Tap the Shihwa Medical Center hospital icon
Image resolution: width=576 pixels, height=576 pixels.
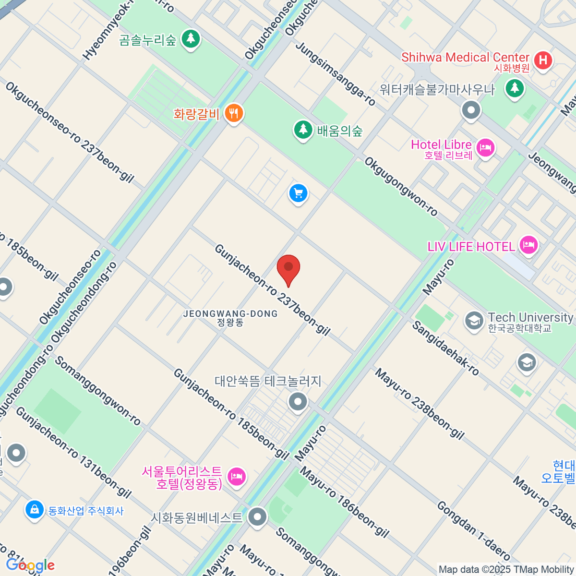[x=543, y=60]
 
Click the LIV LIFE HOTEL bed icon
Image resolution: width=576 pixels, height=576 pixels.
[x=528, y=246]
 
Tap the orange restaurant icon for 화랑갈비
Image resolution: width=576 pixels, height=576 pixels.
[x=234, y=114]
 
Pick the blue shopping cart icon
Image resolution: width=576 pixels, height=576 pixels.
[x=298, y=194]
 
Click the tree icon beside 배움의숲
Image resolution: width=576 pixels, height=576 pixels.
[x=303, y=130]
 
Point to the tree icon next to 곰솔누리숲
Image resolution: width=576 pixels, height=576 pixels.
[x=191, y=38]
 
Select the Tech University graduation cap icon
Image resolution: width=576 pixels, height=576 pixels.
[x=474, y=321]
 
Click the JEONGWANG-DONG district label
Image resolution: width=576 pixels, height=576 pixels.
[x=230, y=317]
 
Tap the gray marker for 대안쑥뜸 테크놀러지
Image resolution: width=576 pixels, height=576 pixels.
[x=298, y=401]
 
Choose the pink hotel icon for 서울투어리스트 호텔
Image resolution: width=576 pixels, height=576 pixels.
[x=236, y=477]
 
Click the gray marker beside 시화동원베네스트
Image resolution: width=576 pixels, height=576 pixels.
[x=258, y=517]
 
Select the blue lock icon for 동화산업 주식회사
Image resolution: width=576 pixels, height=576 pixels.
[x=35, y=510]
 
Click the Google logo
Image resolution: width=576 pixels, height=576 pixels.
[x=30, y=565]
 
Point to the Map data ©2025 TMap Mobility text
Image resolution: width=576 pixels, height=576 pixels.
[x=506, y=569]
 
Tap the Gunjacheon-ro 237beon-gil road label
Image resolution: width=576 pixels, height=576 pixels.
[x=272, y=290]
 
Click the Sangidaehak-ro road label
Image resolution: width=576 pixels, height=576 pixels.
[x=445, y=348]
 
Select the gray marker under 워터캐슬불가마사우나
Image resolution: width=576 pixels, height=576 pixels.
[x=471, y=110]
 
